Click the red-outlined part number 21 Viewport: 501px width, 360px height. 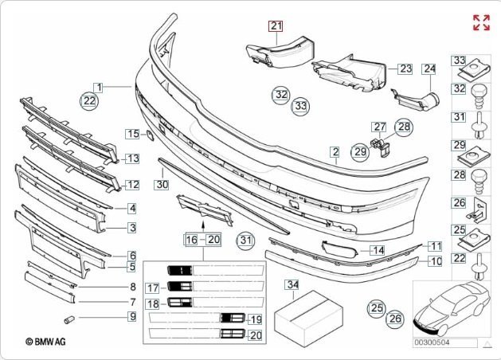click(276, 26)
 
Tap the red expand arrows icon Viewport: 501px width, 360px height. click(481, 22)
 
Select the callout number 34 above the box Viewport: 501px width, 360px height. click(292, 284)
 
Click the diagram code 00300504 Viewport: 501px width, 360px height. click(431, 343)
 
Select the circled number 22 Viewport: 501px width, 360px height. click(89, 101)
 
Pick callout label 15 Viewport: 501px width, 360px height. click(133, 134)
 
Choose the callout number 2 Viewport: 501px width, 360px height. click(336, 151)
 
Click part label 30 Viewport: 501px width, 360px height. click(162, 184)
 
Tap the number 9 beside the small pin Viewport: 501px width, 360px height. click(132, 317)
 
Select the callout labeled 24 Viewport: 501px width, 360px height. click(430, 69)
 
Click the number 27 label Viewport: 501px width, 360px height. click(380, 127)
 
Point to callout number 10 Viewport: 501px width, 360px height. click(435, 260)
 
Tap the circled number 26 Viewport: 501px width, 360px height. click(396, 319)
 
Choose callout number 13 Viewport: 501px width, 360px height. click(132, 159)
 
